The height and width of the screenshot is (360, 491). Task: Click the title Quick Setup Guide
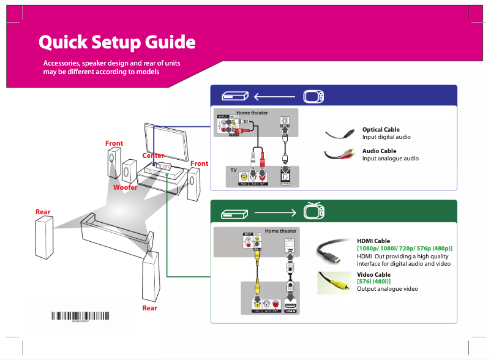pos(117,43)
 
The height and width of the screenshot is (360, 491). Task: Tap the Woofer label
pos(125,187)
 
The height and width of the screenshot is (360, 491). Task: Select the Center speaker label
pos(153,156)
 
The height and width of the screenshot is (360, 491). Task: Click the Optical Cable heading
pos(381,130)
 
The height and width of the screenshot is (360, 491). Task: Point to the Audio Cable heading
pos(379,151)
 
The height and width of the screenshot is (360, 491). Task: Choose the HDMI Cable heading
pos(373,241)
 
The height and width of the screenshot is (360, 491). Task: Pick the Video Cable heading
pos(373,275)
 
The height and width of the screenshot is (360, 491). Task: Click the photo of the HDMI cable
pos(334,252)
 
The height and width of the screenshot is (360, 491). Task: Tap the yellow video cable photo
pos(334,282)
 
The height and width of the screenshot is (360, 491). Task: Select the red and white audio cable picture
pos(340,155)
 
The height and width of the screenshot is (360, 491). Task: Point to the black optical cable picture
pos(340,133)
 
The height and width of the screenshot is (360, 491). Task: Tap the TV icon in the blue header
pos(313,96)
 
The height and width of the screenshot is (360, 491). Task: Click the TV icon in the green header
pos(313,212)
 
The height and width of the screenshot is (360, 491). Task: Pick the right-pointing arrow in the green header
pos(275,212)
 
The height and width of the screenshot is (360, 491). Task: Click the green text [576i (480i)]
pos(373,282)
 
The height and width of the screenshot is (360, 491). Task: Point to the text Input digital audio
pos(386,137)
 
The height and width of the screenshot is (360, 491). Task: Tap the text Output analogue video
pos(388,288)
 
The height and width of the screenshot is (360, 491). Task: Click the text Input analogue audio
pos(390,159)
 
